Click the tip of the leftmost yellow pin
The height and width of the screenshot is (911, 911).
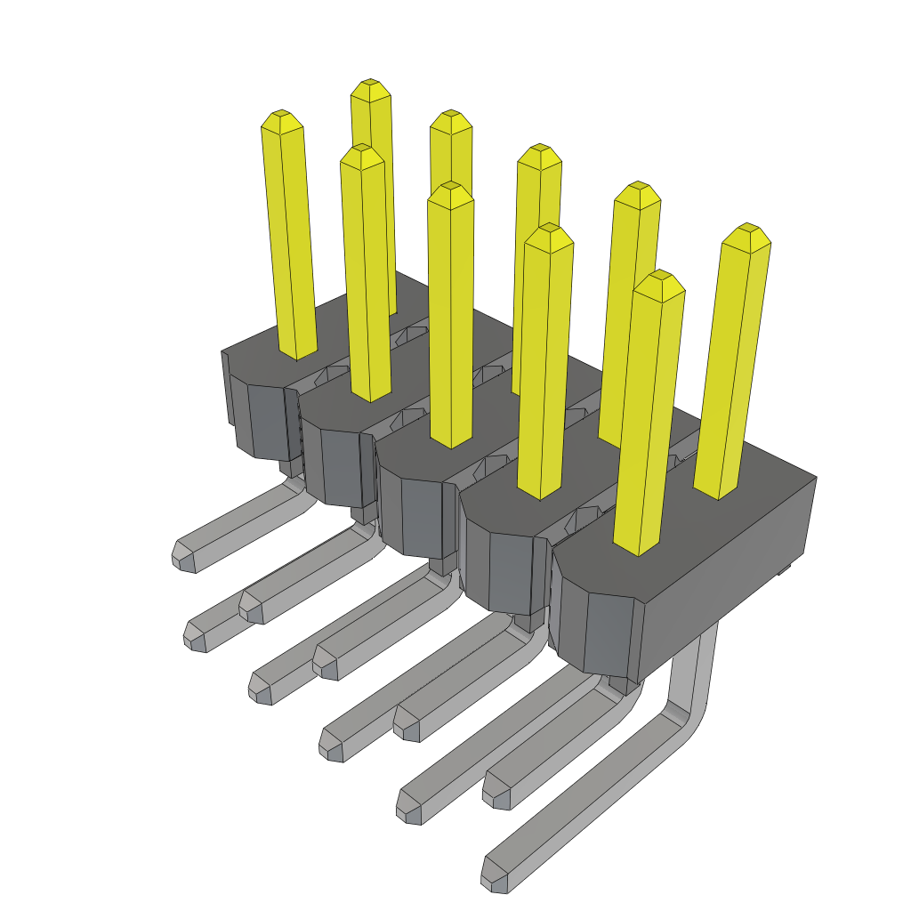pos(282,117)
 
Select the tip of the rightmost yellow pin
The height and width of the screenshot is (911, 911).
pos(747,231)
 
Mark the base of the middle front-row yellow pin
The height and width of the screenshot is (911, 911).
pos(451,439)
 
